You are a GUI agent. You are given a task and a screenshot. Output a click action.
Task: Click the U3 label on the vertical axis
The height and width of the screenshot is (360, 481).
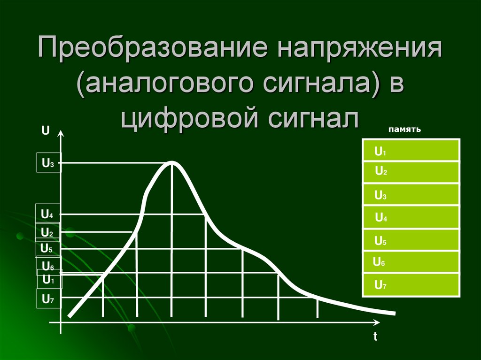click(48, 163)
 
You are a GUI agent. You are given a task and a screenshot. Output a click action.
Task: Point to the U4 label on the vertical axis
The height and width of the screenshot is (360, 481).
click(47, 215)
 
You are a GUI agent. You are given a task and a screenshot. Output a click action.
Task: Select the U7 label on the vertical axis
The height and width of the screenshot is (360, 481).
click(48, 299)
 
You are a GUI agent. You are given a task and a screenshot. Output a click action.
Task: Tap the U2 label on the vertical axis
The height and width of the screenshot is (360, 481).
click(47, 232)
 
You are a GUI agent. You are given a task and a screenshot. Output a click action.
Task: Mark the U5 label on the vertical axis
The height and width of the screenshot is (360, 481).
click(47, 248)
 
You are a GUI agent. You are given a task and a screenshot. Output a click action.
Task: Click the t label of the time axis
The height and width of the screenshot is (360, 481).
click(376, 337)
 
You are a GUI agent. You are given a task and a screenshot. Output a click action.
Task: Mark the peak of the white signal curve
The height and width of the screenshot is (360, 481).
click(172, 162)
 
